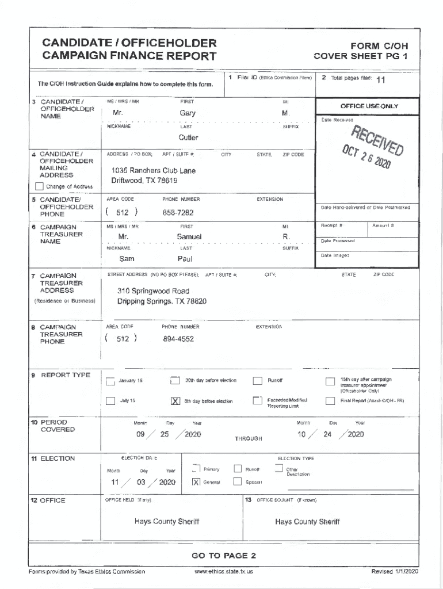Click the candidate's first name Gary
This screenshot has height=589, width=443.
coord(188,113)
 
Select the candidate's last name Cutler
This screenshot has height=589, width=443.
coord(188,137)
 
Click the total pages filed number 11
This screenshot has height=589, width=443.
coord(380,79)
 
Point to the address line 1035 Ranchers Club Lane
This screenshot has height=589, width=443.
coord(153,171)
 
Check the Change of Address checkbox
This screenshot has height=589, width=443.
coord(39,186)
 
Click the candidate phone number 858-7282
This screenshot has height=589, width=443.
coord(178,212)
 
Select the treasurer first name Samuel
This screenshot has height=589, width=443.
coord(189,237)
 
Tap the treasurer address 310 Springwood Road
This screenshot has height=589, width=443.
coord(153,291)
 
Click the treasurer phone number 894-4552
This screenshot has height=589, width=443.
coord(178,339)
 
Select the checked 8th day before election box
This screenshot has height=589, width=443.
coord(175,401)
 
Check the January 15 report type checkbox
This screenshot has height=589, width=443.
coord(110,381)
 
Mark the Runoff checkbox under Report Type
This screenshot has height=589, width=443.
coord(258,381)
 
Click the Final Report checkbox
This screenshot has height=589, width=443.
coord(330,401)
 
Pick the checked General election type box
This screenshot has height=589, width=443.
coord(196,482)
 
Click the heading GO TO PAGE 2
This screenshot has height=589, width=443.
coord(224,556)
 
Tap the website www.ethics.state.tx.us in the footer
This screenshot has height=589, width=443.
coord(224,571)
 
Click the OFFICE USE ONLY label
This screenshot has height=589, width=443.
coord(369,106)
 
